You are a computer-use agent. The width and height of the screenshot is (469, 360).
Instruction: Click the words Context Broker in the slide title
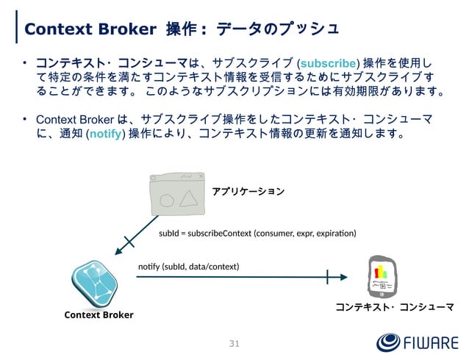click(90, 29)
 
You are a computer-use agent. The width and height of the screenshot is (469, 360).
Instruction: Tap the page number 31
click(234, 344)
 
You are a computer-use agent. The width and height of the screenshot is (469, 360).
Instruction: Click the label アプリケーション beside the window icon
click(248, 191)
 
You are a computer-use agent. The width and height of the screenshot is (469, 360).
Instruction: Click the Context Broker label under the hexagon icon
click(99, 315)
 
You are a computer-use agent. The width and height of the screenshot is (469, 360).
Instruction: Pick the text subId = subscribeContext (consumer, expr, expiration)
click(257, 233)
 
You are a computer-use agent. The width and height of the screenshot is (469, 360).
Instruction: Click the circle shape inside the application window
click(166, 201)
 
